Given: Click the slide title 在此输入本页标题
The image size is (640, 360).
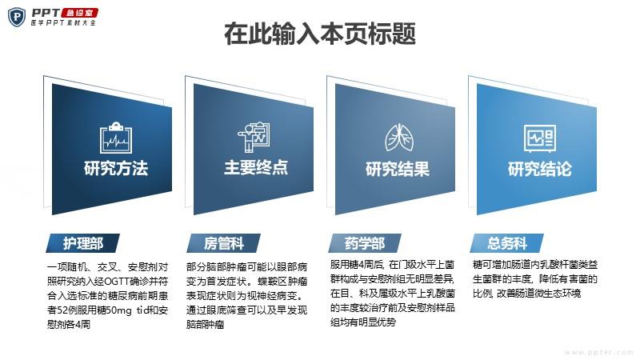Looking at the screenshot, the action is point(320,34).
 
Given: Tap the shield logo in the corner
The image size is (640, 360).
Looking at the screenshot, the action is point(17,17).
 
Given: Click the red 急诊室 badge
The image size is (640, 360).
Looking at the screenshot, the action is point(79,13).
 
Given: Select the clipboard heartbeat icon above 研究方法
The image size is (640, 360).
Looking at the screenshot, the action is point(116,138).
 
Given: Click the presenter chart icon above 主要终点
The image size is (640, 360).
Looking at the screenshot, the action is point(254,137).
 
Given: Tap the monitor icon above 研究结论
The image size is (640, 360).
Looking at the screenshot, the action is point(539,138).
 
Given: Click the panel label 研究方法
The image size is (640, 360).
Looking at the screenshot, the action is point(116,168).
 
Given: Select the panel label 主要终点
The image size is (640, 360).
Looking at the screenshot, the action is point(256,167).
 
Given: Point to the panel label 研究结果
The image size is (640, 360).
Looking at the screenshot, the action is point(398,169).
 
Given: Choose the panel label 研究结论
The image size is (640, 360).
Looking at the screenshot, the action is point(539,169).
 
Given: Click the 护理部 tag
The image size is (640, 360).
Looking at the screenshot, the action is point(83,243).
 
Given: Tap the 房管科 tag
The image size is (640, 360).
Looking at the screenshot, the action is point(224,243).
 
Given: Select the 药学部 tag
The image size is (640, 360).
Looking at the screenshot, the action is point(365,243).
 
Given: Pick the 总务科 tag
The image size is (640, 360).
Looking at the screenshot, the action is point(507,243).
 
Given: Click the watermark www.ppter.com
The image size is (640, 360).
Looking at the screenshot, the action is point(598,352).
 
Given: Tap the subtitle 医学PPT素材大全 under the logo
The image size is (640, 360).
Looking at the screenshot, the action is point(63,23).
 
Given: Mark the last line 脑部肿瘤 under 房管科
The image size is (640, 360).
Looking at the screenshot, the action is point(206,325).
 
